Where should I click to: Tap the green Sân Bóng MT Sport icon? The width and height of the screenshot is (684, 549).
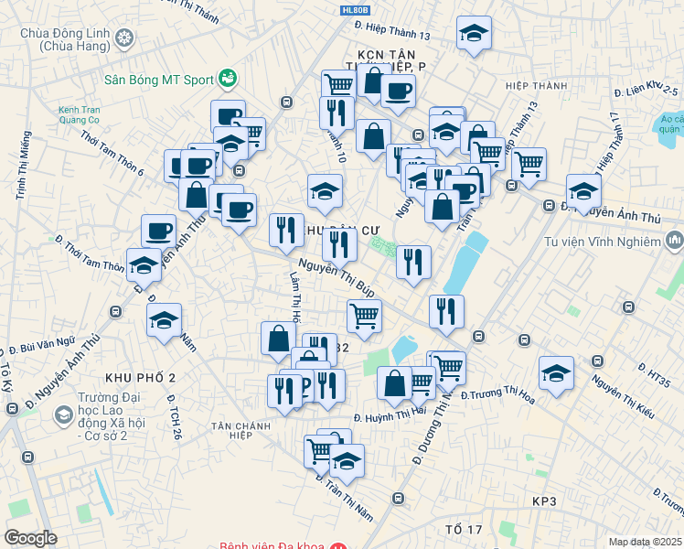tap(228, 79)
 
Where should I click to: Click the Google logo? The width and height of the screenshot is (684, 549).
tap(30, 538)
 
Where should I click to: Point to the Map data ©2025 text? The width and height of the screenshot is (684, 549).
tap(645, 542)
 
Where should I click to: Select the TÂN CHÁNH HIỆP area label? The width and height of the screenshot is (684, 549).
tap(244, 430)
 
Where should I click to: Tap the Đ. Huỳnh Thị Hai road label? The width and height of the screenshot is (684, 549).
tap(389, 413)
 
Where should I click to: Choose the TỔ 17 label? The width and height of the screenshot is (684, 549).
tap(464, 530)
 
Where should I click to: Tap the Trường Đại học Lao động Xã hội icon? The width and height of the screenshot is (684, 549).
tap(63, 415)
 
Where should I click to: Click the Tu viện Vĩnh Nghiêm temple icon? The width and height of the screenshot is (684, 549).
tap(675, 242)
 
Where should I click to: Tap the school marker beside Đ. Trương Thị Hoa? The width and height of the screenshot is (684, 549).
tap(554, 372)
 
